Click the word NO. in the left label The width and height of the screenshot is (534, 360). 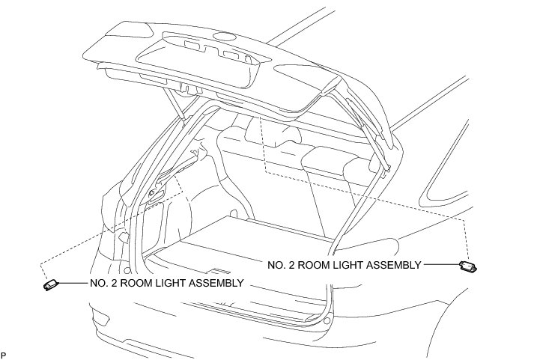click(98, 284)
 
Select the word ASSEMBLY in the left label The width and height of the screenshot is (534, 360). click(216, 284)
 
